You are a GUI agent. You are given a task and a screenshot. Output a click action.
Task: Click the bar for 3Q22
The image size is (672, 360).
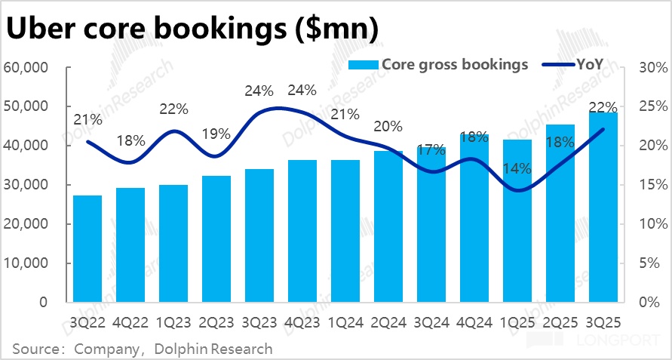87,249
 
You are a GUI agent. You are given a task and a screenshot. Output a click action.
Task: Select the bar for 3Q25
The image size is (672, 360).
603,208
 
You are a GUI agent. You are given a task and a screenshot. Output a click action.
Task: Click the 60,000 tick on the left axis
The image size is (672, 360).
27,68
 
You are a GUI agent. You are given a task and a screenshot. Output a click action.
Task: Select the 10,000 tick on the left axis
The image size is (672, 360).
27,263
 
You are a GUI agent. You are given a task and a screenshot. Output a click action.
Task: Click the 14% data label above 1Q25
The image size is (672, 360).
517,169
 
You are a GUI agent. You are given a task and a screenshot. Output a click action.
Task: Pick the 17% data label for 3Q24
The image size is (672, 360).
431,150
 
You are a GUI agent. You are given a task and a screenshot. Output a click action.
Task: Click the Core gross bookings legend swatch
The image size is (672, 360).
364,65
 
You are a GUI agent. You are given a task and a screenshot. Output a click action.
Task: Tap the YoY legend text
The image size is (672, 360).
589,64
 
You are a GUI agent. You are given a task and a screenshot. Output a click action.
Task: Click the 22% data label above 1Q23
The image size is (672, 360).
173,109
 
